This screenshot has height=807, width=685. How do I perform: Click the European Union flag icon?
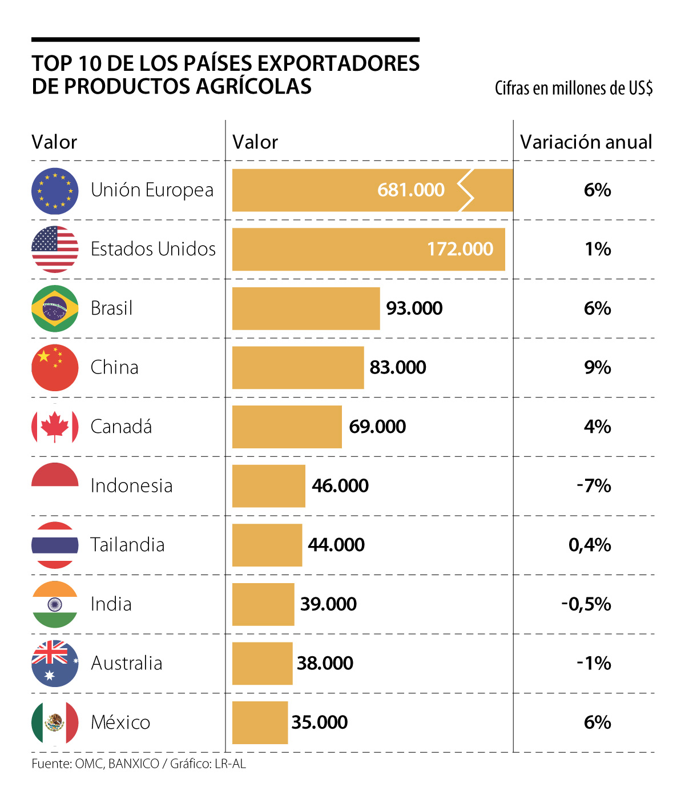[55, 191]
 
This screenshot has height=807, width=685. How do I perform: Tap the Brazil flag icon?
[55, 308]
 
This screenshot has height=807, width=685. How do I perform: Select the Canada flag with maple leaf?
[55, 427]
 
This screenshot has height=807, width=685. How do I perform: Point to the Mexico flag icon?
[55, 722]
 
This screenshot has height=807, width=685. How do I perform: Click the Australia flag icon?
[55, 663]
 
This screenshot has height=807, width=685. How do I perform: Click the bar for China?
[297, 368]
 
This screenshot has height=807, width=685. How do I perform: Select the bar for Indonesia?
[268, 486]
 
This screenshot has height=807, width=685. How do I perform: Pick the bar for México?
[260, 722]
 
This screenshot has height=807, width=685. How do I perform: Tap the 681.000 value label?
[410, 190]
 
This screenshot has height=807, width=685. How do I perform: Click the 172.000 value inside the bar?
[460, 249]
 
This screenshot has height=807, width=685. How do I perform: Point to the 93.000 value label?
[414, 308]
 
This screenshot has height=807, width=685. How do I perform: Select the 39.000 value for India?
[328, 604]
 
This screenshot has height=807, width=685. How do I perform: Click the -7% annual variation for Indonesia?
[594, 486]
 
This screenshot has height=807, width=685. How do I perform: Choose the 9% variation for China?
[597, 368]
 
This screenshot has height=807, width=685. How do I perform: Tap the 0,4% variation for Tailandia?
[590, 545]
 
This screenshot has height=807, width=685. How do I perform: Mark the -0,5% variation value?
[586, 604]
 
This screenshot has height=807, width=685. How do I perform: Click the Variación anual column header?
[586, 142]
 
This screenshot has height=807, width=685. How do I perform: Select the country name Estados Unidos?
[153, 250]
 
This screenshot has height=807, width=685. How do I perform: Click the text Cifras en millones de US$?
[573, 89]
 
